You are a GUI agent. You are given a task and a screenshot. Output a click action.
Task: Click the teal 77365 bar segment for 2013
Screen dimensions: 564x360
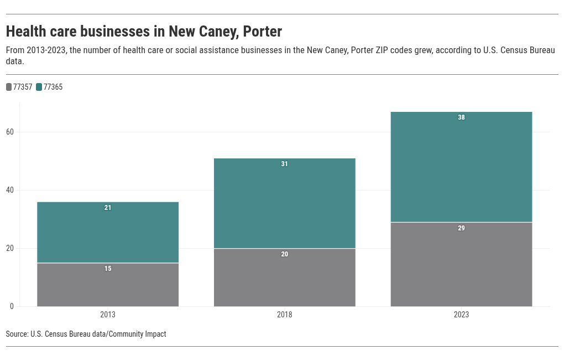(x=108, y=233)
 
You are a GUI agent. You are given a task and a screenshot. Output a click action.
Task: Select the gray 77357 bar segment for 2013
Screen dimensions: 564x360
(x=108, y=285)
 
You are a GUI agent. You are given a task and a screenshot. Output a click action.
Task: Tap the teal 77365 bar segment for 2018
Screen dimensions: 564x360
(x=285, y=203)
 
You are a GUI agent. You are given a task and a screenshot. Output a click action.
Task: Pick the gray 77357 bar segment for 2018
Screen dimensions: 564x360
(x=285, y=277)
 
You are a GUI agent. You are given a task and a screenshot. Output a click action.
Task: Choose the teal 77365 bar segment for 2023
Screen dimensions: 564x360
(x=462, y=167)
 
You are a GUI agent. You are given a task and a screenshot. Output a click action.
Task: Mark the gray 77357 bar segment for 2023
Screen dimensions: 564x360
(x=462, y=265)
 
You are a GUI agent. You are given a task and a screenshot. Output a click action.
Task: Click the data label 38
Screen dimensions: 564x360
(x=462, y=117)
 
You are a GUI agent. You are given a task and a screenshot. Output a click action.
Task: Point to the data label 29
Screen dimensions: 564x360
(x=462, y=228)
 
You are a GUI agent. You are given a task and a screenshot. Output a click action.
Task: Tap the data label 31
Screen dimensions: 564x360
(x=285, y=164)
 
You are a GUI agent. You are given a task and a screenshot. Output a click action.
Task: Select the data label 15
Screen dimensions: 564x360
(x=108, y=269)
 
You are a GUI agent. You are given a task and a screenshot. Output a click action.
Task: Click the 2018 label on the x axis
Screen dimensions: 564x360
(x=285, y=315)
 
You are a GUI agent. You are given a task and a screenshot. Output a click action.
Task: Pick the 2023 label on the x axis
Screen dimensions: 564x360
(x=461, y=315)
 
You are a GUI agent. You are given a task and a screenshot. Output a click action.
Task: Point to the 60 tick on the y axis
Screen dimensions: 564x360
(x=10, y=132)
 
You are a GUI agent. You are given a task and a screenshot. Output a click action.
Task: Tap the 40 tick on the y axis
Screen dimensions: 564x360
(x=10, y=190)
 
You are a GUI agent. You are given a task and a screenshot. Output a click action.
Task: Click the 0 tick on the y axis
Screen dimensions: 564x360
(x=12, y=306)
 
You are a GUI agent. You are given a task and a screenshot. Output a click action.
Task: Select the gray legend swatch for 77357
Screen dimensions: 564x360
(x=9, y=87)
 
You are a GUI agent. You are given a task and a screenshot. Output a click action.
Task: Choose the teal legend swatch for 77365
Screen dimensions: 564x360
(x=39, y=87)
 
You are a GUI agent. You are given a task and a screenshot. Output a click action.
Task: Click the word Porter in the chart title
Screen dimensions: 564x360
(x=263, y=32)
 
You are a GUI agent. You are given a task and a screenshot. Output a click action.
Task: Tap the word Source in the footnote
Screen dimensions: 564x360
(x=17, y=334)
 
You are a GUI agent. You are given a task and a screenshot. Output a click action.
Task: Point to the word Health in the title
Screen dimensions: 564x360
(x=26, y=32)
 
